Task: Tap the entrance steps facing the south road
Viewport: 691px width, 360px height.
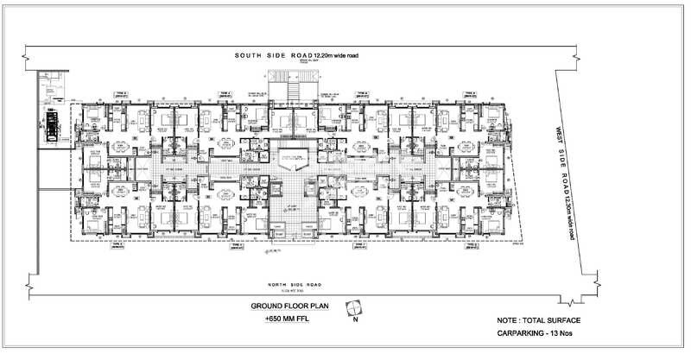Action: tap(287, 86)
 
